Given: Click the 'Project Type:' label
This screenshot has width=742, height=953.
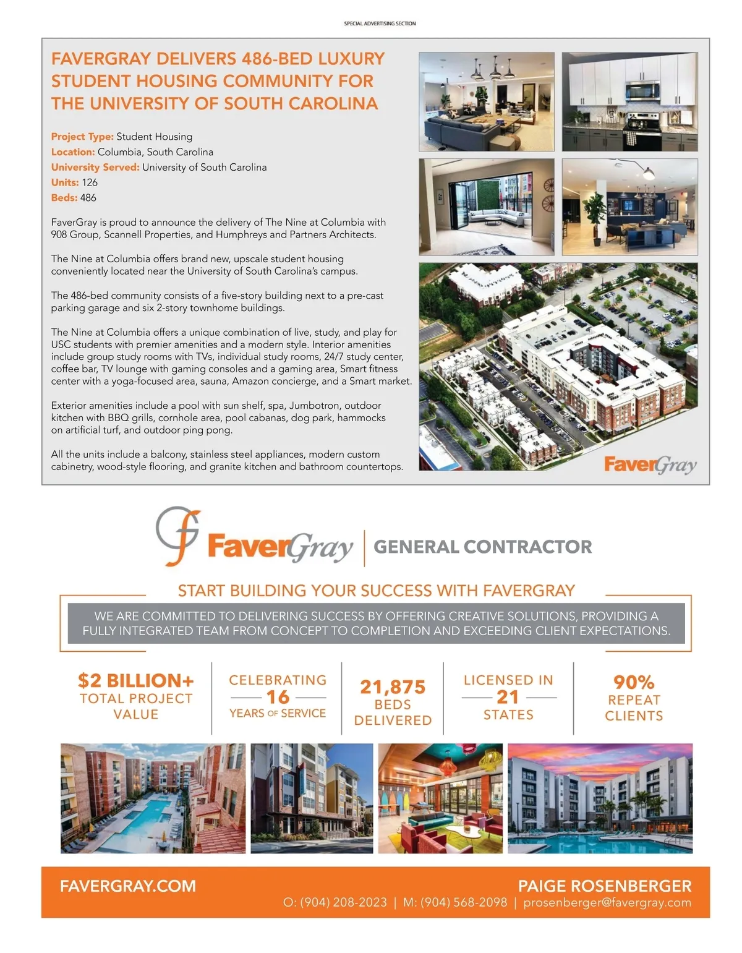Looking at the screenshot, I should tap(82, 137).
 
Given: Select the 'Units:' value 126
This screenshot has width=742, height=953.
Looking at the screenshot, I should tap(90, 182).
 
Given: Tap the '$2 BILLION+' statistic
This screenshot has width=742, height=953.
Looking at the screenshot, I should tap(136, 681).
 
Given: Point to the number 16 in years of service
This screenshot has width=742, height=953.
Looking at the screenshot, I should tap(278, 697).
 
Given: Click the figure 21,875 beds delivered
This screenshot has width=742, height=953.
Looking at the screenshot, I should tap(393, 687).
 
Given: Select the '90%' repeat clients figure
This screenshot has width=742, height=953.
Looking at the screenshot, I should tap(634, 682).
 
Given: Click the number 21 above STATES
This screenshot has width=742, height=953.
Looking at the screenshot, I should tap(508, 697).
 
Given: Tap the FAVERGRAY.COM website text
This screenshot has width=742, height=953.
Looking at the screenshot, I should tap(128, 886).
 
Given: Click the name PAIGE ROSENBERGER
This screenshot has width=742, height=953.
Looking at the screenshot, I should tap(605, 886).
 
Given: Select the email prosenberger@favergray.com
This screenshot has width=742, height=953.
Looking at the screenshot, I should tap(607, 902).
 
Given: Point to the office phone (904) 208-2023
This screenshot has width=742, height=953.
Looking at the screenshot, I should tap(343, 903).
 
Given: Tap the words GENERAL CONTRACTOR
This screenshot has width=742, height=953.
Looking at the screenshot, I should tap(483, 547).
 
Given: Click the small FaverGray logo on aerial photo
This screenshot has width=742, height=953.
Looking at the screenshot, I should tap(650, 464).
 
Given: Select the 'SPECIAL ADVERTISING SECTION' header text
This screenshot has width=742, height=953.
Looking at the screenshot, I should tap(380, 24).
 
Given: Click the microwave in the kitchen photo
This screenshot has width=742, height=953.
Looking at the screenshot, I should tap(642, 91).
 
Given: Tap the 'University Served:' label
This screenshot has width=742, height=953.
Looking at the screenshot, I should tap(95, 167).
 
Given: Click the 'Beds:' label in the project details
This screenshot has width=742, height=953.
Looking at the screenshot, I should tap(64, 198).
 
